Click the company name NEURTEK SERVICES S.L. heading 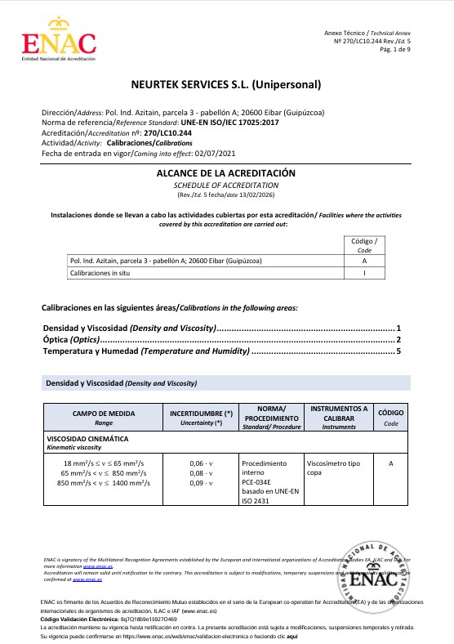pos(226,84)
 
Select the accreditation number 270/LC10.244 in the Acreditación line pos(167,132)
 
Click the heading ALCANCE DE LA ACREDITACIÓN pos(225,174)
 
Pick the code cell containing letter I pos(363,274)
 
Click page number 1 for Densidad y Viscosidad pos(398,328)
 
